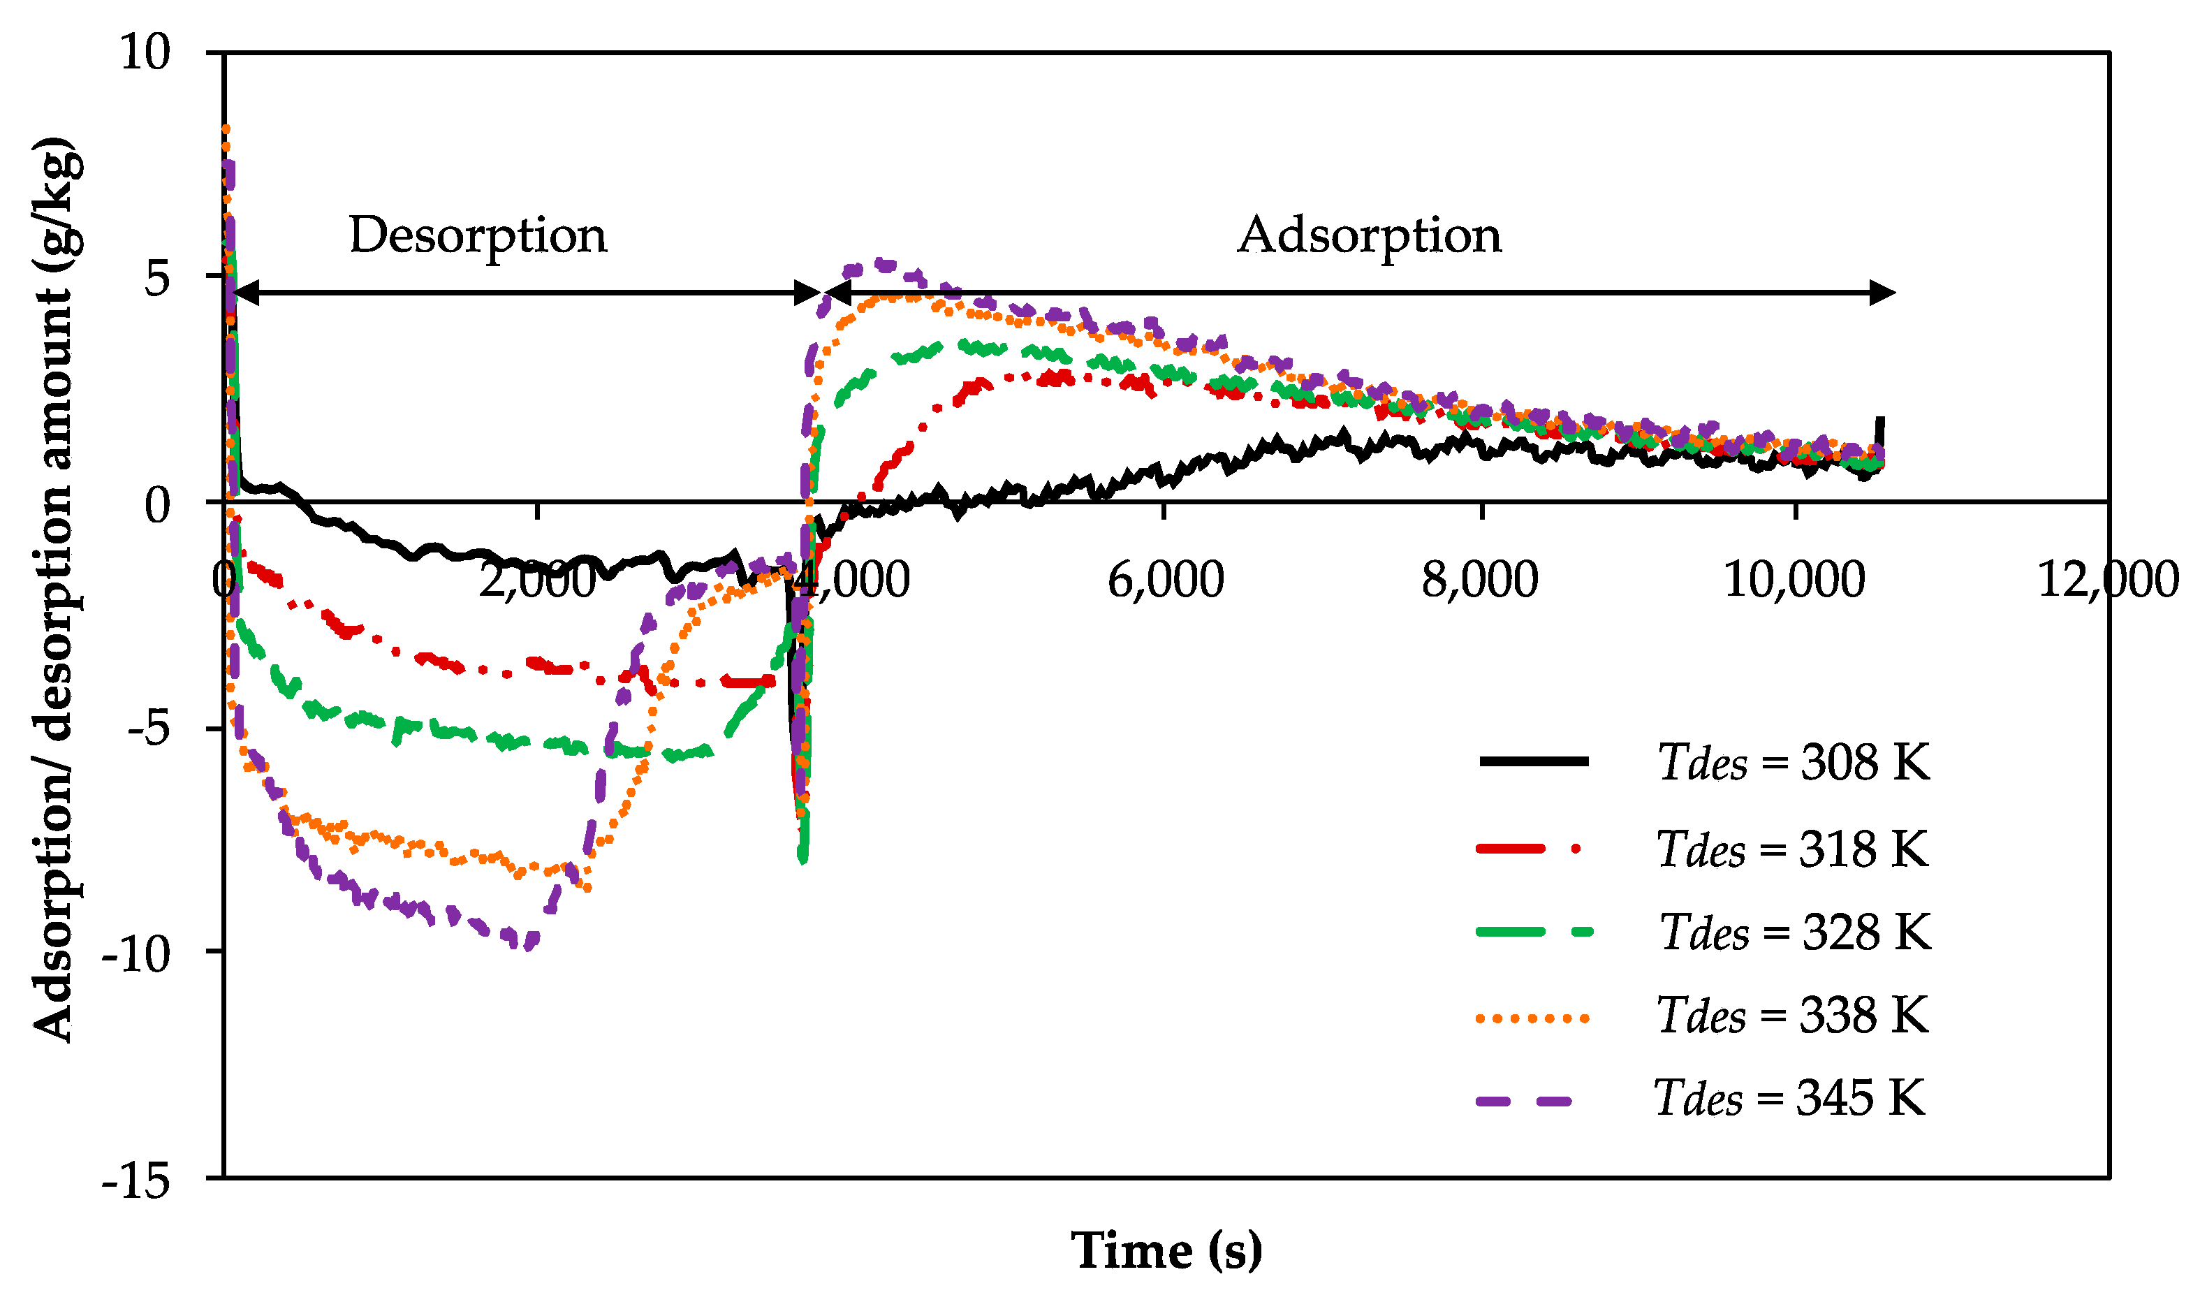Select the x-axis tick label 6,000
1165,581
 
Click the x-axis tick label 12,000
2107,581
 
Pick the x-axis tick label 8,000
1480,581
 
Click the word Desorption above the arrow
477,236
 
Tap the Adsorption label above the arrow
1370,236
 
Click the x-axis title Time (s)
1166,1251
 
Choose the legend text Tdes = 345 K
1789,1097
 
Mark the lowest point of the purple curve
527,946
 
